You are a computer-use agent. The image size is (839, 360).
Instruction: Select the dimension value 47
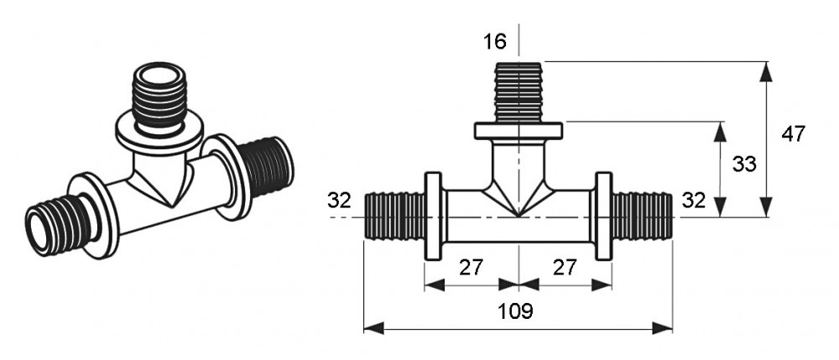pyautogui.click(x=793, y=134)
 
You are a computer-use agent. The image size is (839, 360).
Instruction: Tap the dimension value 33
pyautogui.click(x=744, y=164)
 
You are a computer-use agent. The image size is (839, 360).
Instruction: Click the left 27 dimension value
pyautogui.click(x=471, y=268)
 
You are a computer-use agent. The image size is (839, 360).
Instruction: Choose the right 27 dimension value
pyautogui.click(x=565, y=268)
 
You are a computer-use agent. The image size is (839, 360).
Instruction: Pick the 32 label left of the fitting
pyautogui.click(x=339, y=201)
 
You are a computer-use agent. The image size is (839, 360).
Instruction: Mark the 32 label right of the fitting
pyautogui.click(x=694, y=201)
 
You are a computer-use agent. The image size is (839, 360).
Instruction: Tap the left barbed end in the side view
pyautogui.click(x=395, y=217)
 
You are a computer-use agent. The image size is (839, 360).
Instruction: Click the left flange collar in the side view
pyautogui.click(x=434, y=217)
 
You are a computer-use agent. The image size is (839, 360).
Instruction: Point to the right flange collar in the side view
pyautogui.click(x=604, y=217)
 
